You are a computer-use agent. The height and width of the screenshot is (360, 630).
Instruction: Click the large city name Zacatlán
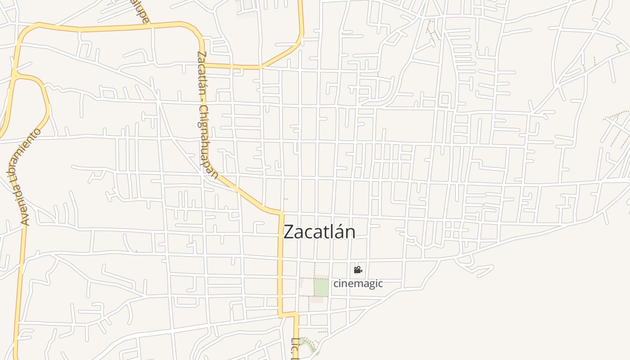tap(319, 232)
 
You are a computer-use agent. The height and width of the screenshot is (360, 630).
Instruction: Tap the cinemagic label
tap(358, 283)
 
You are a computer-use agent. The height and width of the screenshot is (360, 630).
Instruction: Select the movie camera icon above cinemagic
tap(358, 270)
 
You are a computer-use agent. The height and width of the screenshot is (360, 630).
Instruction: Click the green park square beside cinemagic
tap(321, 288)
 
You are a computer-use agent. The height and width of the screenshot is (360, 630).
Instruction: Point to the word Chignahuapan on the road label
tap(208, 142)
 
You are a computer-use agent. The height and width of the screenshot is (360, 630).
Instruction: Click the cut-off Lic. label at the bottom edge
tap(295, 348)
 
